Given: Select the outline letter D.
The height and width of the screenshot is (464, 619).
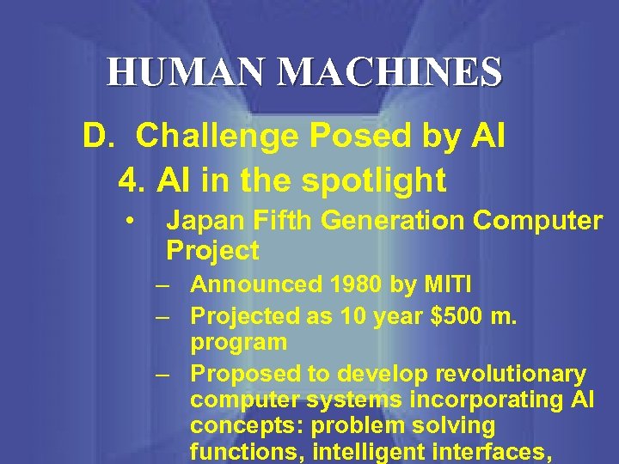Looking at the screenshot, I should tap(95, 136).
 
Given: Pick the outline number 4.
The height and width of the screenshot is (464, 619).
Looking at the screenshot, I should tap(130, 180).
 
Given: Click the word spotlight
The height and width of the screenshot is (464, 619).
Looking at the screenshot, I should tap(376, 180).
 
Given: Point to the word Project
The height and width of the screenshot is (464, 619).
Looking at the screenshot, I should tap(212, 251).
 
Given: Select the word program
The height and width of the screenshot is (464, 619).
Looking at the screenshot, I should tap(238, 342).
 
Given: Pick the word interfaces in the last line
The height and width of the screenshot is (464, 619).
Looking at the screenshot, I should tap(495, 450).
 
